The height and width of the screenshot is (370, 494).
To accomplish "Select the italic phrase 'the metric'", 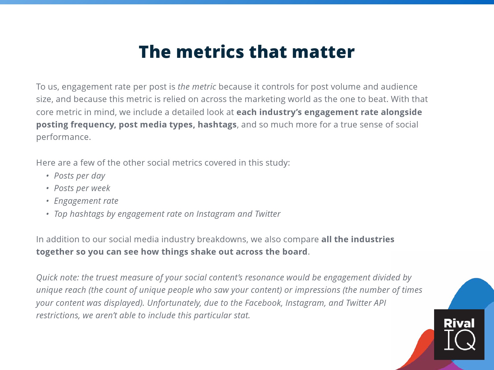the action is click(x=197, y=86).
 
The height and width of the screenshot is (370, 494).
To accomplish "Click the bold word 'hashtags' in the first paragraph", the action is click(x=217, y=124).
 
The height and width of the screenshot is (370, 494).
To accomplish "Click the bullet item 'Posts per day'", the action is click(x=80, y=176).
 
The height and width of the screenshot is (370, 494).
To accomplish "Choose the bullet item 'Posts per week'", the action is click(x=82, y=188).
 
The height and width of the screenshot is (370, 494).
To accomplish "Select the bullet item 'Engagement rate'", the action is click(x=86, y=201).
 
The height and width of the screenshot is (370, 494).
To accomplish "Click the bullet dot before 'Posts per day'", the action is click(x=47, y=176).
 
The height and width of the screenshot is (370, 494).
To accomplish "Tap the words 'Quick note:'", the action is click(x=58, y=277).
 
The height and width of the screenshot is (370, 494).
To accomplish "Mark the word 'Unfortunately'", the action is click(x=174, y=303).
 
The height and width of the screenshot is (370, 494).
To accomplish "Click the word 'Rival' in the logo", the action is click(x=459, y=323).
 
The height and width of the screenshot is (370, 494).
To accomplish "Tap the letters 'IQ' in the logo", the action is click(x=460, y=340).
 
